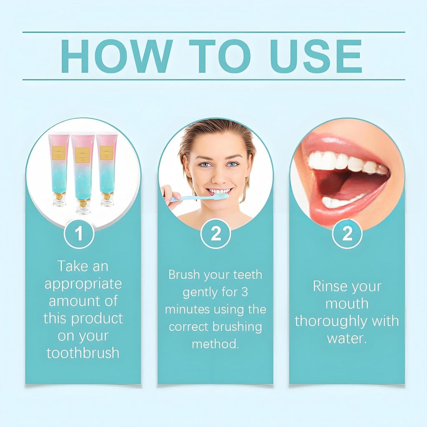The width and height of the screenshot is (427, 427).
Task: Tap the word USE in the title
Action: (317, 56)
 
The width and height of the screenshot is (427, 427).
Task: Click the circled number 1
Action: (79, 234)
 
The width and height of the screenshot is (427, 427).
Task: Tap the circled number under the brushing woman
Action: (216, 234)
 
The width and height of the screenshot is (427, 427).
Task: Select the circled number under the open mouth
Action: (347, 234)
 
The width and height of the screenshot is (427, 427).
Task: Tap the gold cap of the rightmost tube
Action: (107, 196)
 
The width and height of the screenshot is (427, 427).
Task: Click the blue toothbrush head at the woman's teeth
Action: (220, 196)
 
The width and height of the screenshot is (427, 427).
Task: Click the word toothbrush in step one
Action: (83, 353)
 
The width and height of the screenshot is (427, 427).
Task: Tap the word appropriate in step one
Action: (83, 284)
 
